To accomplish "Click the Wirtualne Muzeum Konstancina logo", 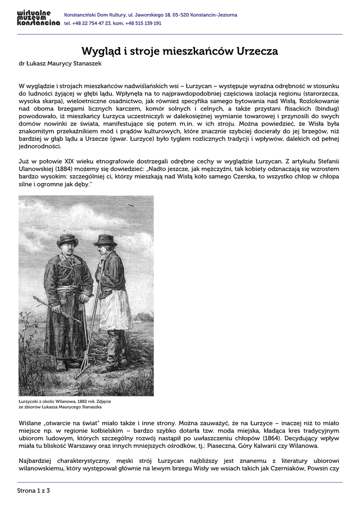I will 38,18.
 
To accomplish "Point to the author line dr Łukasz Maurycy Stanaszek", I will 61,63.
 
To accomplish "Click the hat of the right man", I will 105,240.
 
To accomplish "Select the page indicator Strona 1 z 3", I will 34,491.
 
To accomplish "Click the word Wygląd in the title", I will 99,51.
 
